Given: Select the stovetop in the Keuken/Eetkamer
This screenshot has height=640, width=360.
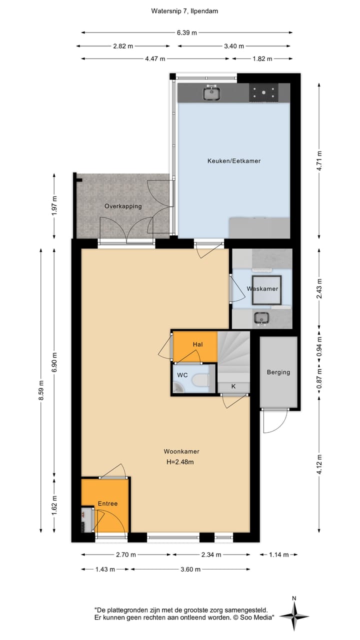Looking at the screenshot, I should pos(264,92).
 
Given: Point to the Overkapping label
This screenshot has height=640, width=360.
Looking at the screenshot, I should pos(123,206).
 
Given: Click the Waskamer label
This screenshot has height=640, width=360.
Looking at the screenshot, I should pos(262,289).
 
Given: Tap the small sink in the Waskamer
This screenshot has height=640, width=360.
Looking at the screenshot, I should pos(260,317).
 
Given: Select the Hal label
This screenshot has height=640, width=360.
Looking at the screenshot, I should pos(198,344).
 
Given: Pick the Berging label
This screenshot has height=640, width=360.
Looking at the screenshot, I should pos(278,372).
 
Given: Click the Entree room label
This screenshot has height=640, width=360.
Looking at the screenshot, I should pos(107,503).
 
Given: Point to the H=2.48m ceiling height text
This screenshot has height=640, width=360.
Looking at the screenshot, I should pos(180,462).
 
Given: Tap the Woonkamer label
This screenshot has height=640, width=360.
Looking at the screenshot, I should pos(180,451).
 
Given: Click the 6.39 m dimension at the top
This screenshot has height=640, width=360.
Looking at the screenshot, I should pos(186,32).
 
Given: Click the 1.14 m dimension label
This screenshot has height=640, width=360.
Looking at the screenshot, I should pos(278,554).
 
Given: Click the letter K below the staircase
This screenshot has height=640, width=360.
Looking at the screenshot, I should pos(233,386).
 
